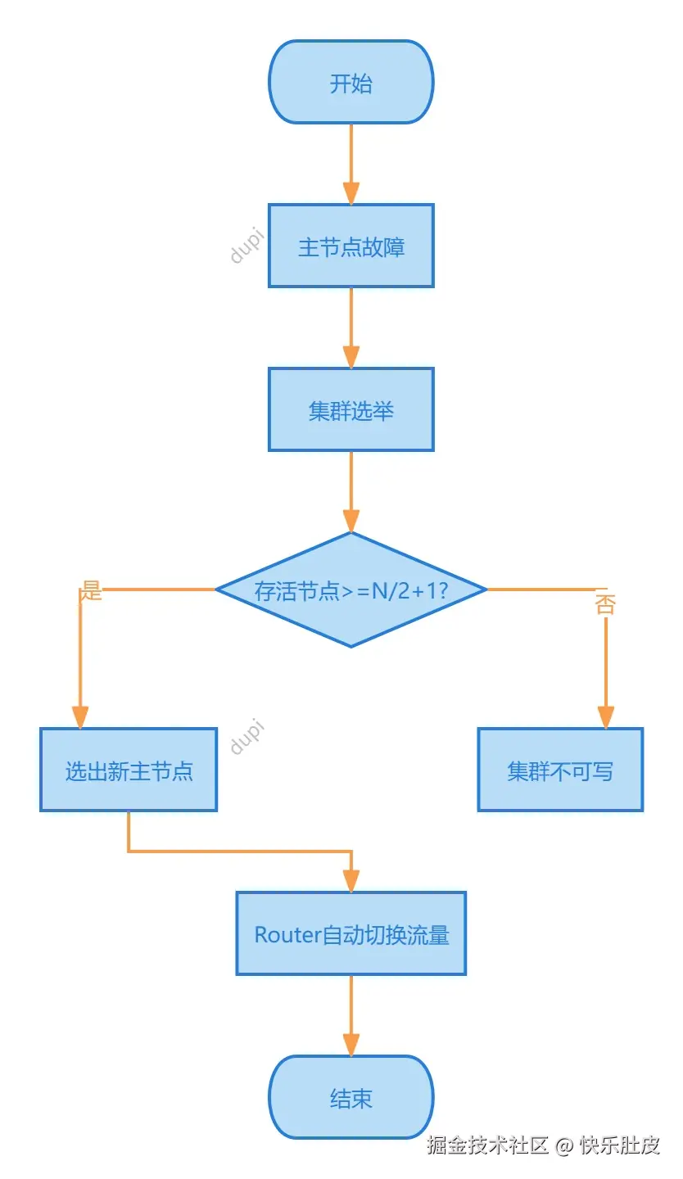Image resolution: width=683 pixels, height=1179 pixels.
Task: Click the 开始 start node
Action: click(x=351, y=83)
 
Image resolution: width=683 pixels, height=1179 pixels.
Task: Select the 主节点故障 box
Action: click(x=351, y=246)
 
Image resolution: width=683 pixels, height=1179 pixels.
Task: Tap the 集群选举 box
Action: click(x=351, y=410)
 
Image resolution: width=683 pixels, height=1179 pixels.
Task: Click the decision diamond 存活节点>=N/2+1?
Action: click(x=351, y=590)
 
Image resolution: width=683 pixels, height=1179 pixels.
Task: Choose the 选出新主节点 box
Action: click(x=129, y=770)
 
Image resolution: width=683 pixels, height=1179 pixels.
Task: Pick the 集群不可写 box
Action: click(x=560, y=770)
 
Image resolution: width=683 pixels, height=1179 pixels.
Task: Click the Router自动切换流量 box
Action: click(x=351, y=934)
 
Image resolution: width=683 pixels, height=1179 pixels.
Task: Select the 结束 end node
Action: click(x=351, y=1098)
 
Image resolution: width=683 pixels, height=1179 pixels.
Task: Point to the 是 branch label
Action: click(x=91, y=591)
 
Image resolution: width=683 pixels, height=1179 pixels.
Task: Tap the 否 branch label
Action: click(x=604, y=604)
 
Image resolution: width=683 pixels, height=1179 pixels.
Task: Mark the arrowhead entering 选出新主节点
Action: click(x=79, y=717)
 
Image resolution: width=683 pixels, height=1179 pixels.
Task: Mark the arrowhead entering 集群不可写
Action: click(x=605, y=717)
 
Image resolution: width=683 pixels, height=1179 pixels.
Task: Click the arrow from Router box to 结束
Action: click(x=351, y=1015)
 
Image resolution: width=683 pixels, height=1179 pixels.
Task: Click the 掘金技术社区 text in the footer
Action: click(x=486, y=1145)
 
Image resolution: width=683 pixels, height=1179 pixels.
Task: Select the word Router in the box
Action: click(x=287, y=935)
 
